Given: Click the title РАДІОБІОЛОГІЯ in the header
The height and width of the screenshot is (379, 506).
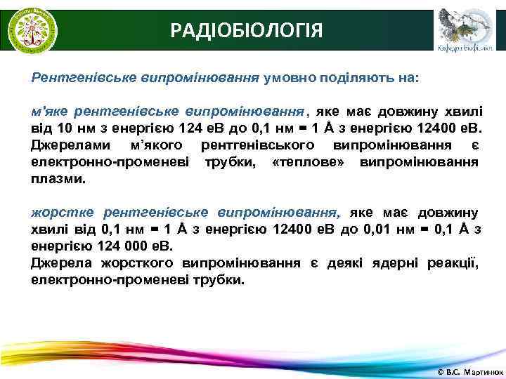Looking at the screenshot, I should click(247, 31).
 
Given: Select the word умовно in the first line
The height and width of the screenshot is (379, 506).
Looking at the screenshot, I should click(292, 79).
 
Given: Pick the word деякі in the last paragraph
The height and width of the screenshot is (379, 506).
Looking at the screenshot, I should click(342, 263).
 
